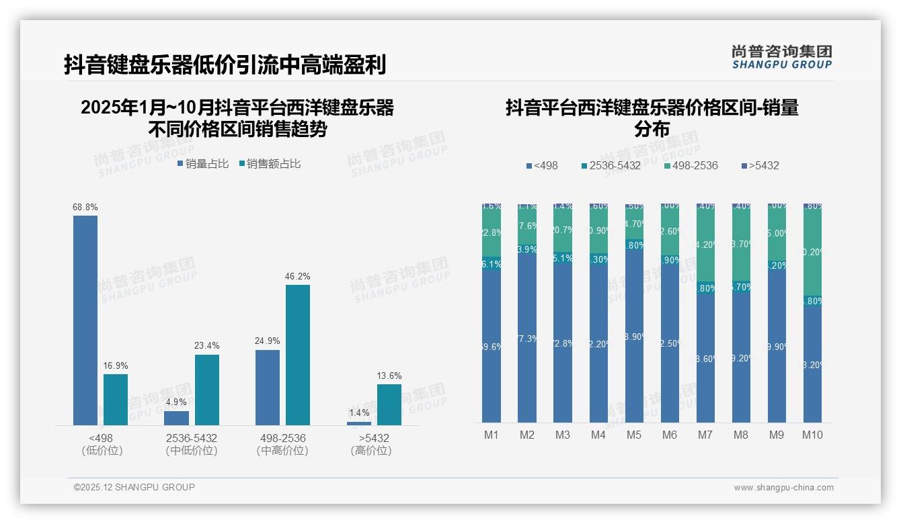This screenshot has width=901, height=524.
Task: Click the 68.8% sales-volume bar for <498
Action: point(85,320)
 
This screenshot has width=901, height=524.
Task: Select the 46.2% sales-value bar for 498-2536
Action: point(298,355)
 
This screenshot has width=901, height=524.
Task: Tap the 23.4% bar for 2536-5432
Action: point(207,390)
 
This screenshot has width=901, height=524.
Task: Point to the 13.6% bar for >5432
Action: point(389,404)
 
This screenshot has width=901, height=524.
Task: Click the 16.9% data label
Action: point(116,366)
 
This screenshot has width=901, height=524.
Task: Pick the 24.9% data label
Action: point(268,341)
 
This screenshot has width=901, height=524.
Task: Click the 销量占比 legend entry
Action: point(203,163)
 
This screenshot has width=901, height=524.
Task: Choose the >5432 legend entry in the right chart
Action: point(760,165)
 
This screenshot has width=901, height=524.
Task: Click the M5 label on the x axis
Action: point(634,435)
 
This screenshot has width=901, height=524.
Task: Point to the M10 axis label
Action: point(812,435)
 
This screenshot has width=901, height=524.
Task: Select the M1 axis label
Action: point(492,435)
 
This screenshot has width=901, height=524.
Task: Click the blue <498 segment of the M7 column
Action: point(705,358)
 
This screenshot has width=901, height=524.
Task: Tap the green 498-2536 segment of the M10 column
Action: point(812,253)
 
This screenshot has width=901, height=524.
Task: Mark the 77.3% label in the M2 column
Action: point(527,339)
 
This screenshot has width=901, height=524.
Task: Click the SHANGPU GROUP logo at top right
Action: point(781,57)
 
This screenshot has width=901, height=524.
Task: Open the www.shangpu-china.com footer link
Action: point(783,488)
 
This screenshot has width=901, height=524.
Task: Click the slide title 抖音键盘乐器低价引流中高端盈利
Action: point(225,65)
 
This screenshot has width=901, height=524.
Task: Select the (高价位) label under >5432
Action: point(370,451)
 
